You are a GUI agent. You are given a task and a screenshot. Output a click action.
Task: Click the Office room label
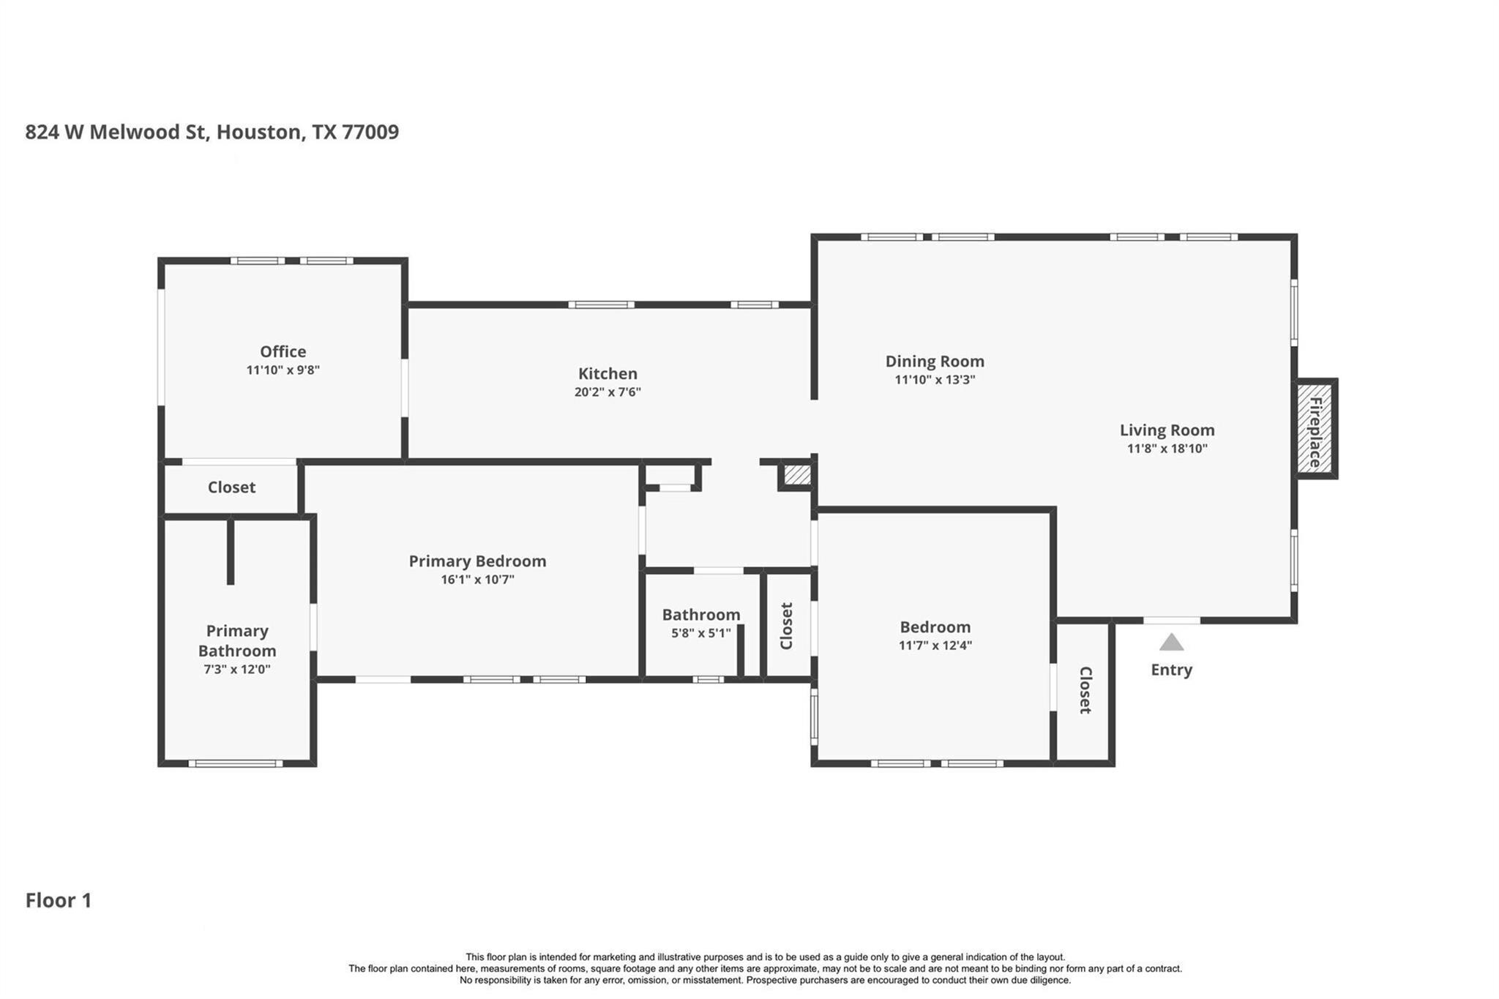(283, 351)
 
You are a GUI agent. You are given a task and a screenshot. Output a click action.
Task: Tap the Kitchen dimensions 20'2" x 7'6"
(608, 392)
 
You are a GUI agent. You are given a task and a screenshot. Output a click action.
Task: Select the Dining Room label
(935, 361)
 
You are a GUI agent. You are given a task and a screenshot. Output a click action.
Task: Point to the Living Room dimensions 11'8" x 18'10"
(1167, 449)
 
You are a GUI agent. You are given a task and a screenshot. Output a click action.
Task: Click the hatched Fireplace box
(1315, 429)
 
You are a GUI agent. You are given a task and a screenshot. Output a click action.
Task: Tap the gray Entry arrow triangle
(1171, 642)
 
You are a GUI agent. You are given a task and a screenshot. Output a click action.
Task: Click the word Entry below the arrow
(1171, 670)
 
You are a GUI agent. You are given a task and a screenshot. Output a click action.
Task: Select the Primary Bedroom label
(477, 561)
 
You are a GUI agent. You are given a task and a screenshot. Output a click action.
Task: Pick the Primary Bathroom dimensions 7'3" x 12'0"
(237, 670)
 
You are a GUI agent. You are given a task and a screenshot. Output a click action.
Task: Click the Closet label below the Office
(231, 487)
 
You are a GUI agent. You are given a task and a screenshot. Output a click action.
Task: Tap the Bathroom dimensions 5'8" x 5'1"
(701, 633)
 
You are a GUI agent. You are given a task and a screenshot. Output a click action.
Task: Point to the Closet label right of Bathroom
(787, 626)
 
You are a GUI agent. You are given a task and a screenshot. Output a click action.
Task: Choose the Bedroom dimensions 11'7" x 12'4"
(935, 646)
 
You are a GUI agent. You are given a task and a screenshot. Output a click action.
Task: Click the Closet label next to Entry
(1085, 690)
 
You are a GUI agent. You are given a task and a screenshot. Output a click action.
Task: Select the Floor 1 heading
(59, 900)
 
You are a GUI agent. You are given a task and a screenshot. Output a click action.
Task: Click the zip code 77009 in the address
(370, 132)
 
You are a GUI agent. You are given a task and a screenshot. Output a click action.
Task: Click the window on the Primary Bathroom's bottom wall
(235, 763)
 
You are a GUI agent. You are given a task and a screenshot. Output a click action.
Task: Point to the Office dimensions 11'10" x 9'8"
(283, 370)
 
